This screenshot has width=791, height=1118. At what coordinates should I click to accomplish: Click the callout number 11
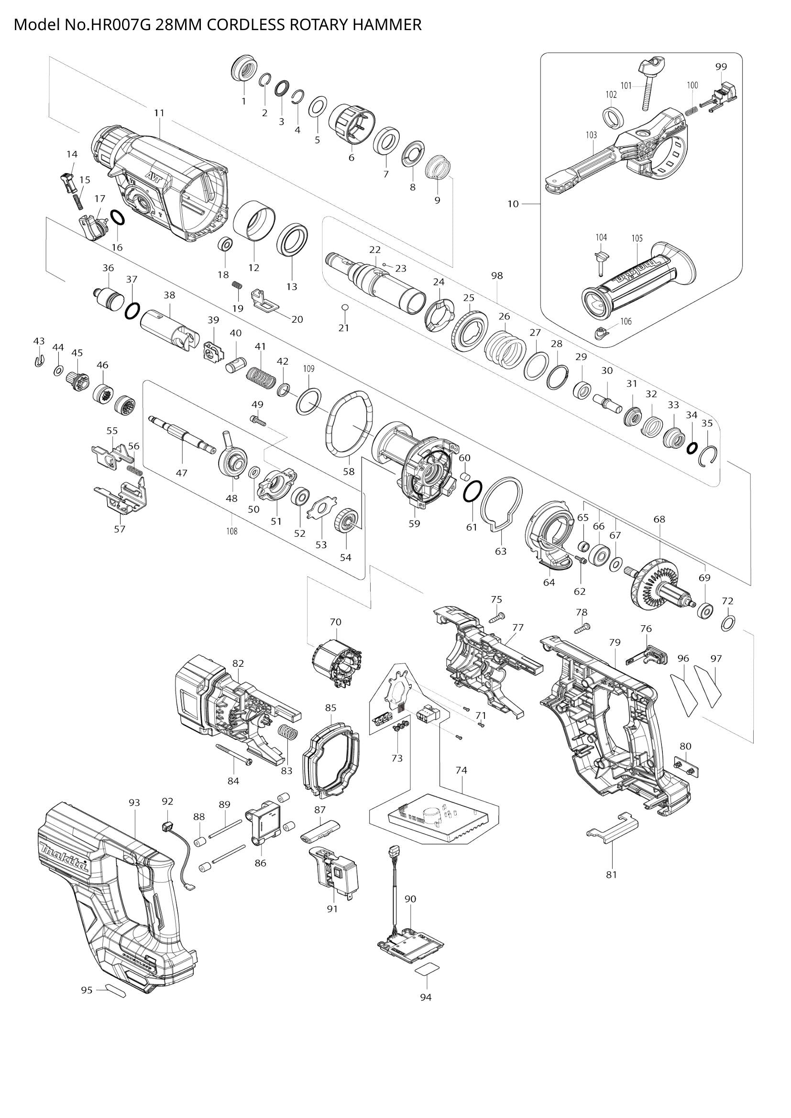point(159,113)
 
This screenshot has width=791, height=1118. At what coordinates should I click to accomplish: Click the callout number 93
point(134,803)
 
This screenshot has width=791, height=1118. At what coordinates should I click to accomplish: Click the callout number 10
point(513,204)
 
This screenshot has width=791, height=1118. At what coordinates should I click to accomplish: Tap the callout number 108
point(232,531)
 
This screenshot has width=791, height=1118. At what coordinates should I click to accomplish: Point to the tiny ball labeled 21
point(344,307)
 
